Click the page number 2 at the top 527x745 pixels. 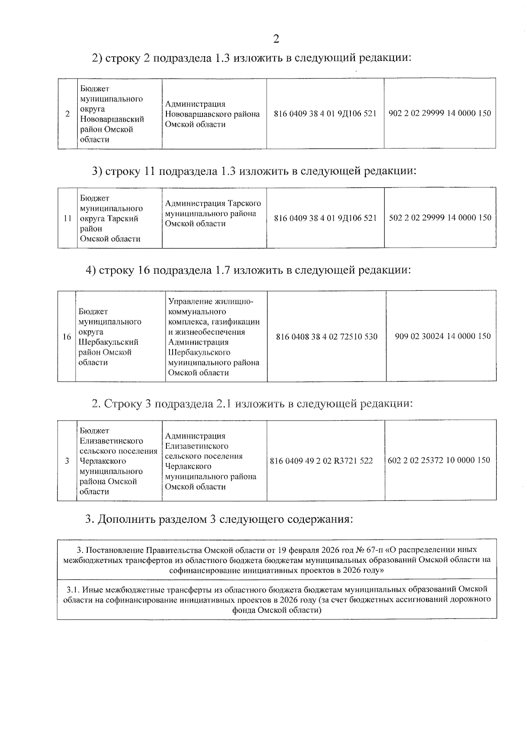[276, 39]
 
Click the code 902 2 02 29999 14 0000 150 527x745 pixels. [440, 113]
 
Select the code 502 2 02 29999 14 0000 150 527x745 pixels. [440, 218]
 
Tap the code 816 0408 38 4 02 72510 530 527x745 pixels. [327, 337]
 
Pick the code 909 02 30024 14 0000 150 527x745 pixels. [443, 336]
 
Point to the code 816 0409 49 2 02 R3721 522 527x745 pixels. [321, 461]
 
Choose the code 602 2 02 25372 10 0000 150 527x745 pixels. [439, 461]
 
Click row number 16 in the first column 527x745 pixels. [67, 337]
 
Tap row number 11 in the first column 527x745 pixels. [68, 218]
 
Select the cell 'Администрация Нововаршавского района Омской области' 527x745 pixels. [213, 114]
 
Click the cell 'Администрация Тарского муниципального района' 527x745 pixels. [213, 213]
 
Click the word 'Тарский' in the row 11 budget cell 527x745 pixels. [123, 219]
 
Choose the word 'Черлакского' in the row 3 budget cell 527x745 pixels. [103, 461]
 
